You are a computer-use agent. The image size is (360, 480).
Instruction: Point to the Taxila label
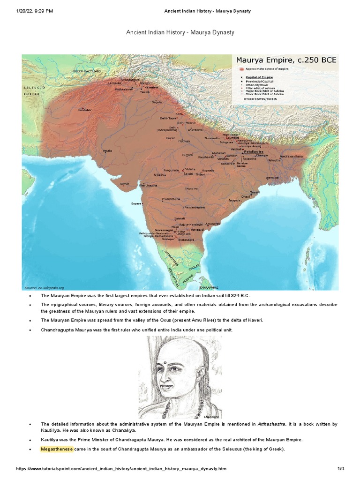[x=145, y=92]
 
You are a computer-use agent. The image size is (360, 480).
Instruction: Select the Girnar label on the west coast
[x=124, y=184]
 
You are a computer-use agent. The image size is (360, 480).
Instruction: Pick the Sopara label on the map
[x=136, y=204]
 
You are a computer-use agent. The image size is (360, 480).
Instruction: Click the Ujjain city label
[x=160, y=174]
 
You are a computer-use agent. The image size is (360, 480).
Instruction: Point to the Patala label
[x=108, y=151]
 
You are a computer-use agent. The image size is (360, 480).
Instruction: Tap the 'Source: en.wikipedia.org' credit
[x=44, y=287]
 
